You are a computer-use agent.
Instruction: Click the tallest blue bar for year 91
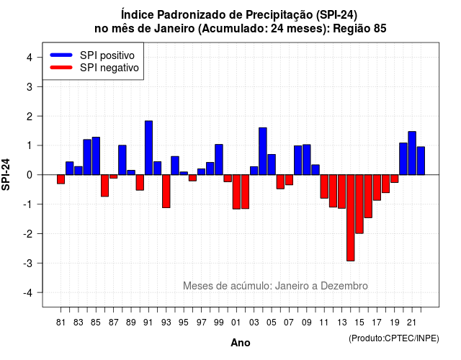pyautogui.click(x=148, y=148)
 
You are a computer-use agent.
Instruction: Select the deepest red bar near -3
pyautogui.click(x=351, y=217)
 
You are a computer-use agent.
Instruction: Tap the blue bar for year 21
pyautogui.click(x=412, y=153)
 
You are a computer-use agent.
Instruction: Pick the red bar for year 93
pyautogui.click(x=166, y=192)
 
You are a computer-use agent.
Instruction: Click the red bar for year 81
pyautogui.click(x=61, y=179)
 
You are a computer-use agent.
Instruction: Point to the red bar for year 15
pyautogui.click(x=359, y=204)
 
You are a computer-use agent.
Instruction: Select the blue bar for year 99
pyautogui.click(x=219, y=160)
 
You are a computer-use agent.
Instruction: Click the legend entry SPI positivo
pyautogui.click(x=92, y=55)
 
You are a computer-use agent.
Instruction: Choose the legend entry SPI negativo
pyautogui.click(x=94, y=68)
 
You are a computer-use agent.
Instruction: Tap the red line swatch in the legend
pyautogui.click(x=61, y=68)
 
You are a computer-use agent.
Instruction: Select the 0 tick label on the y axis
pyautogui.click(x=30, y=175)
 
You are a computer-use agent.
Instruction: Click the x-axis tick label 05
pyautogui.click(x=272, y=323)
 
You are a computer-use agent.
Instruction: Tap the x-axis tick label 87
pyautogui.click(x=114, y=323)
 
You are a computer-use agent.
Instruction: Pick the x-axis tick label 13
pyautogui.click(x=341, y=323)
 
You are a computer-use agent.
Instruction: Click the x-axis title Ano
pyautogui.click(x=241, y=343)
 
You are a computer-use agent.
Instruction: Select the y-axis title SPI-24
pyautogui.click(x=6, y=174)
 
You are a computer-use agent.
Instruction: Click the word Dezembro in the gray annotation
pyautogui.click(x=344, y=286)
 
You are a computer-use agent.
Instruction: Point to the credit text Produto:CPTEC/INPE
pyautogui.click(x=394, y=338)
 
